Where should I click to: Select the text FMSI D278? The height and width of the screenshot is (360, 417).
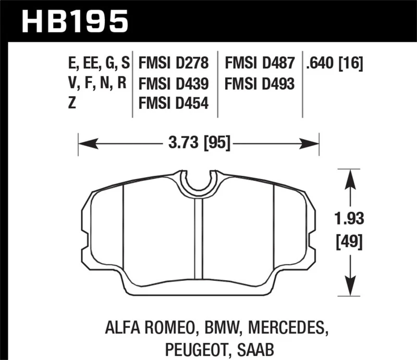pyautogui.click(x=174, y=64)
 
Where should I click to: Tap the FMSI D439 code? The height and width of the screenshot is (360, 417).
pyautogui.click(x=174, y=83)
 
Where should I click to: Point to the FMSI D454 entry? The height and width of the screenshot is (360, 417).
pyautogui.click(x=174, y=103)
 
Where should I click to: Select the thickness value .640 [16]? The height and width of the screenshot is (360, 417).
pyautogui.click(x=335, y=64)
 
